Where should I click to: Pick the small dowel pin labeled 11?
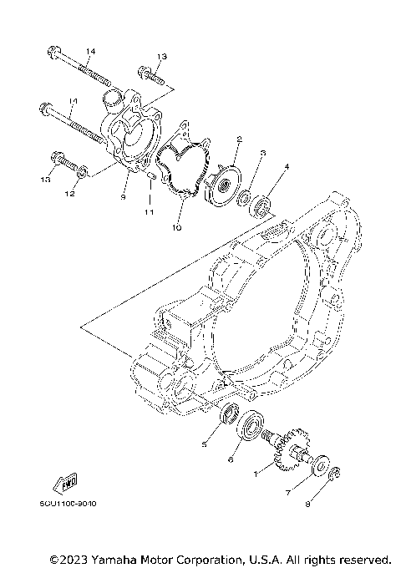pyautogui.click(x=152, y=176)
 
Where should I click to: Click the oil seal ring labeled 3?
pyautogui.click(x=245, y=198)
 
